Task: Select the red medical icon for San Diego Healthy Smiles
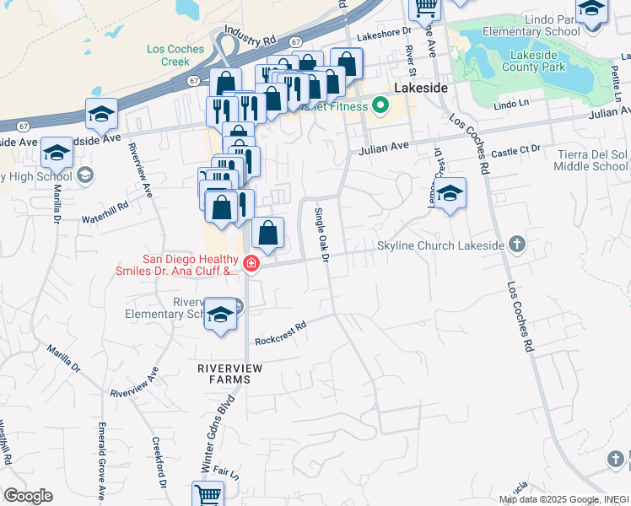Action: tap(251, 265)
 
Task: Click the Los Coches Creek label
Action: tap(175, 55)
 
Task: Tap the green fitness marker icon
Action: tap(380, 106)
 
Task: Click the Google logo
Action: tap(28, 496)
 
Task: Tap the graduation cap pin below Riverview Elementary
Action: tap(221, 315)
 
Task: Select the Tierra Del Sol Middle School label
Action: tap(591, 160)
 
